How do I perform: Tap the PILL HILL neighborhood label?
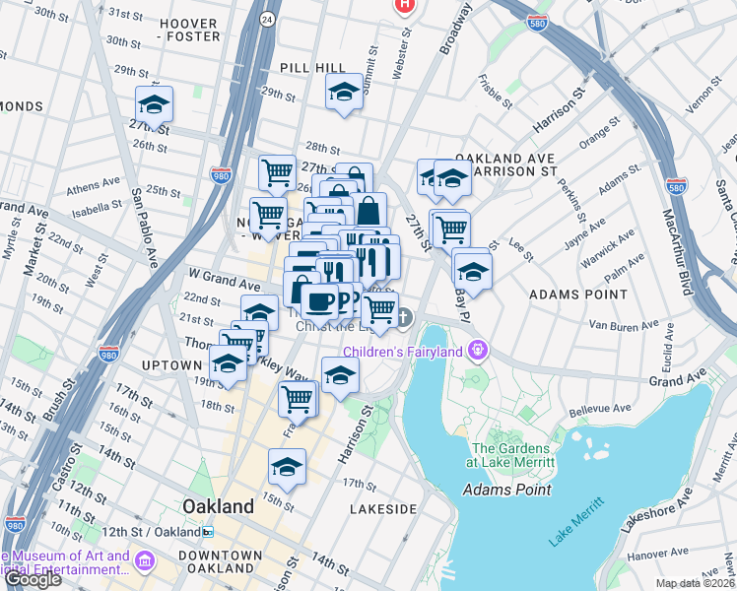312,67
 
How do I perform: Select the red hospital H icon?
403,6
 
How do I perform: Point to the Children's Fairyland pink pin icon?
479,350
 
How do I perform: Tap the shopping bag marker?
368,211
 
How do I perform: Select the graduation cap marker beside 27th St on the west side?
154,104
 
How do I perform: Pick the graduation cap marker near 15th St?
287,466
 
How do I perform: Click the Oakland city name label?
218,506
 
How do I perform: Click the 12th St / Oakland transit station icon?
208,532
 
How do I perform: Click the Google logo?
32,579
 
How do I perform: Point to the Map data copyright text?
696,583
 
